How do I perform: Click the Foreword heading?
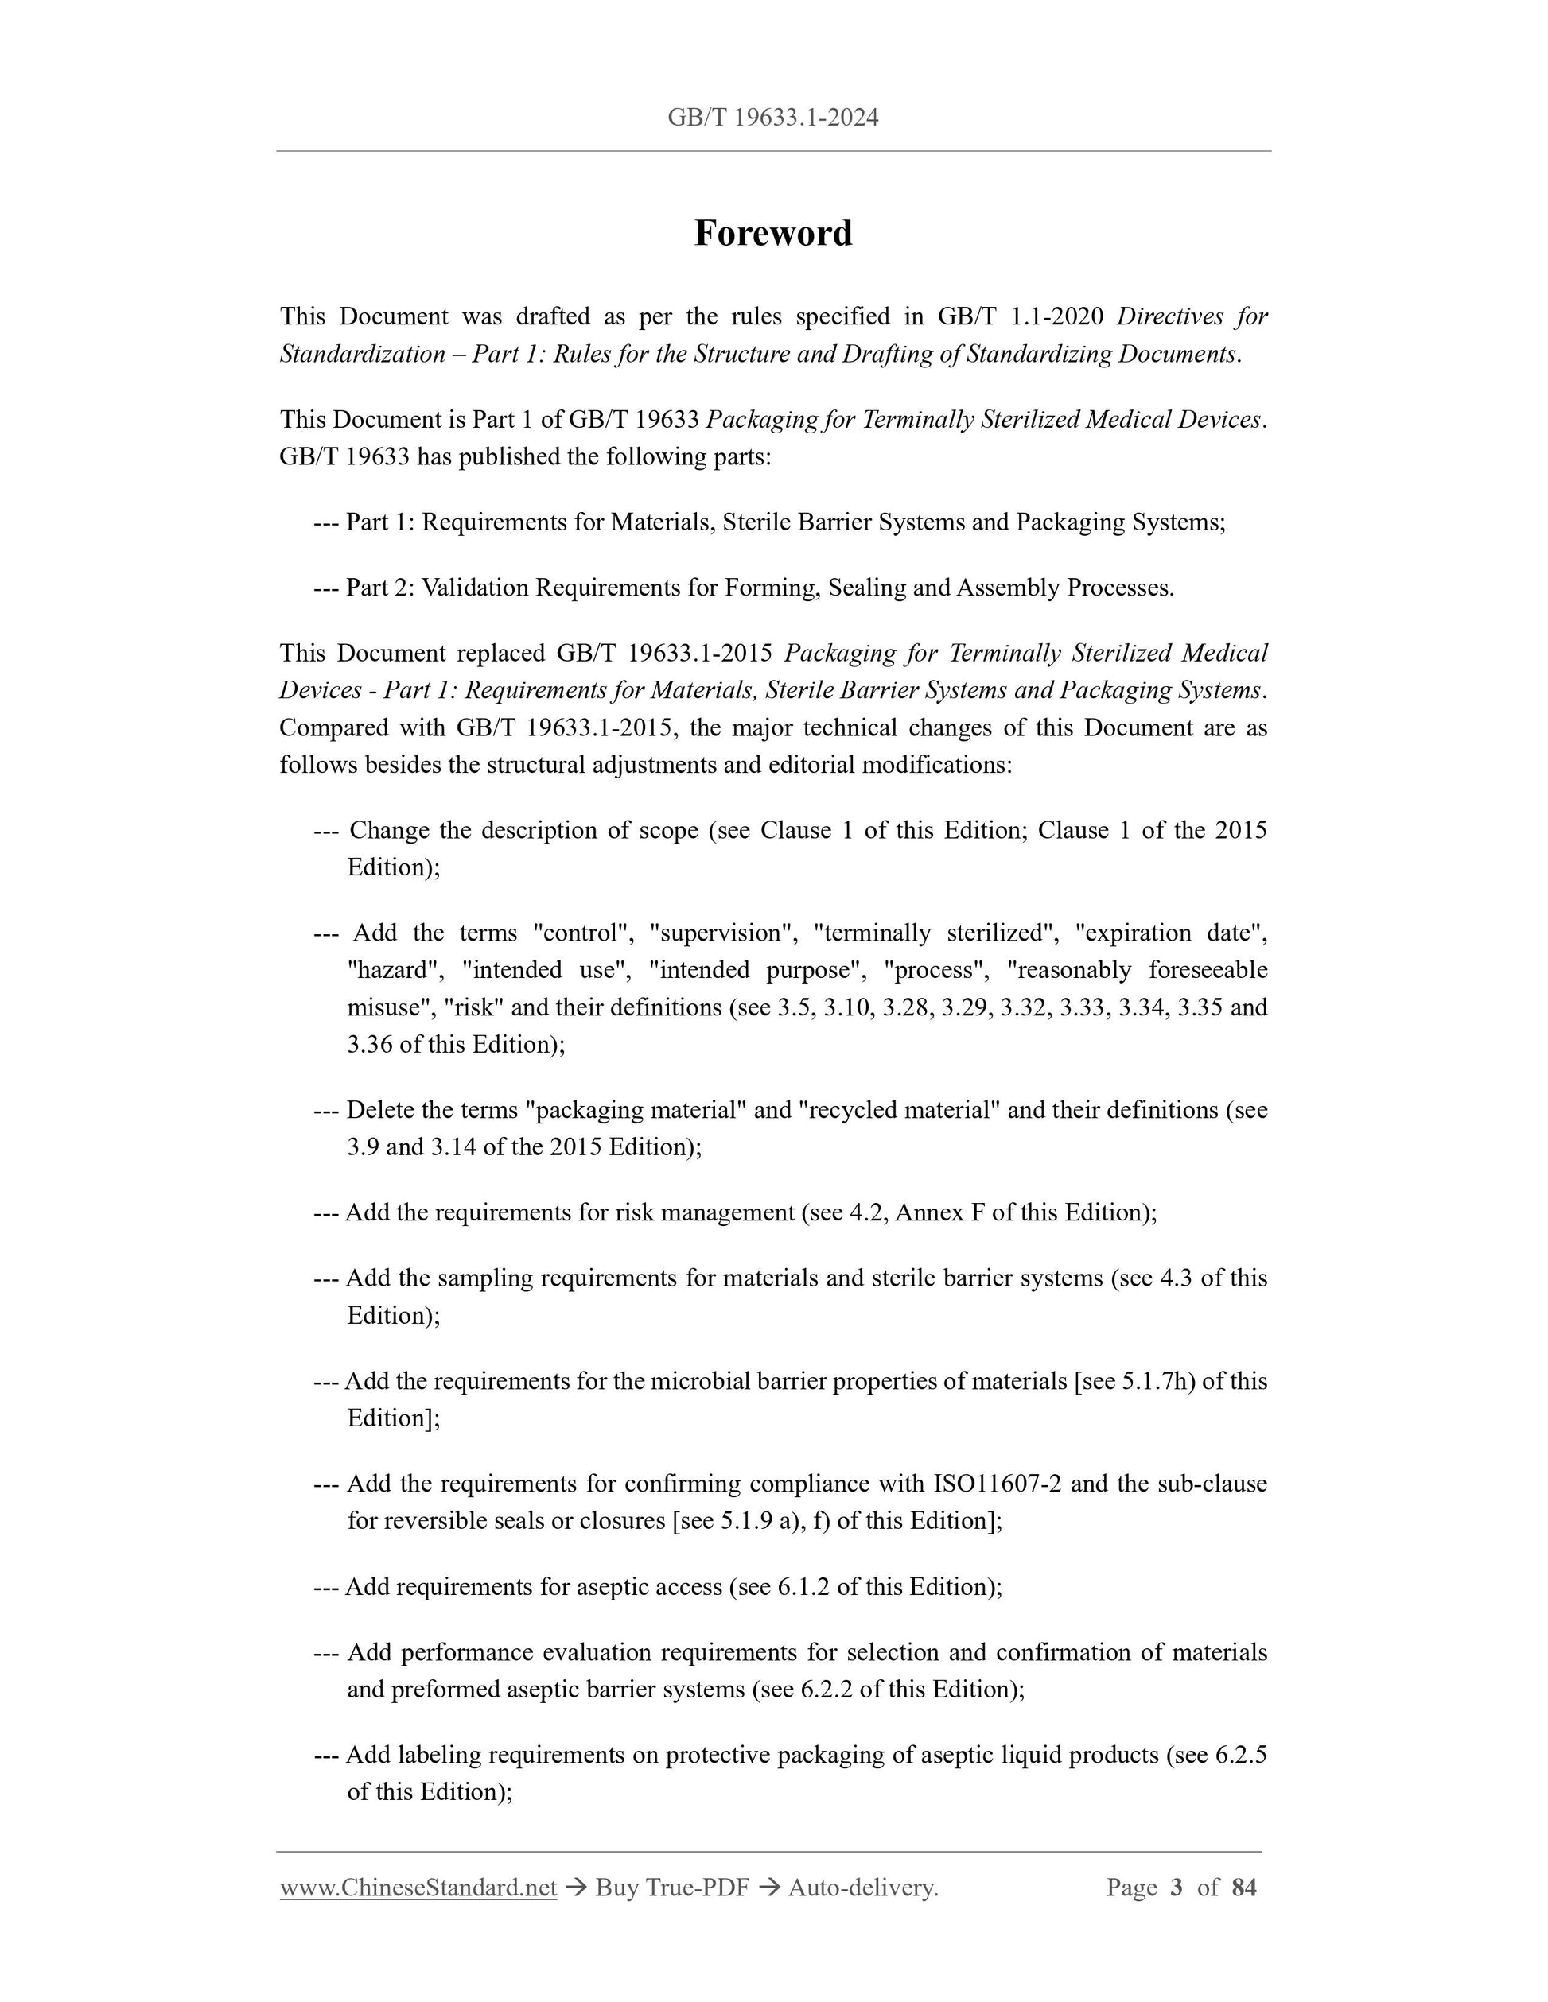tap(773, 233)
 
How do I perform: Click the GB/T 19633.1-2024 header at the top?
tap(773, 118)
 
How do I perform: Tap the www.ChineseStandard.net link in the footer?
tap(418, 1887)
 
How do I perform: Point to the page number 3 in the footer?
tap(1176, 1887)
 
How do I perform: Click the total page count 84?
tap(1243, 1887)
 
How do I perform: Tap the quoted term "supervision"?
tap(721, 933)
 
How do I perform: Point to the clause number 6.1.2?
tap(803, 1587)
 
